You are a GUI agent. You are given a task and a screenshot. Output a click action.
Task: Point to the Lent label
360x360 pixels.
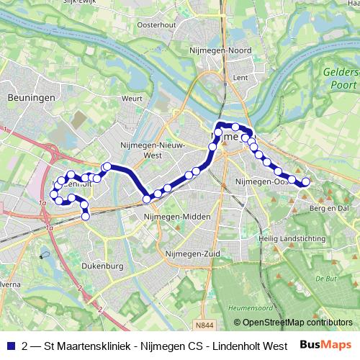(x=241, y=76)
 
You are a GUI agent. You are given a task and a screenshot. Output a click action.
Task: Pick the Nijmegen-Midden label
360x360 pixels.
(x=177, y=217)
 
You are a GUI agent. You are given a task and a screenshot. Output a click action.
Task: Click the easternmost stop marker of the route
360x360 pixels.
(x=305, y=182)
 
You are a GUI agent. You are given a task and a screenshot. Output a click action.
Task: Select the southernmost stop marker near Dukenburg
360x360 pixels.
(x=86, y=216)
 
